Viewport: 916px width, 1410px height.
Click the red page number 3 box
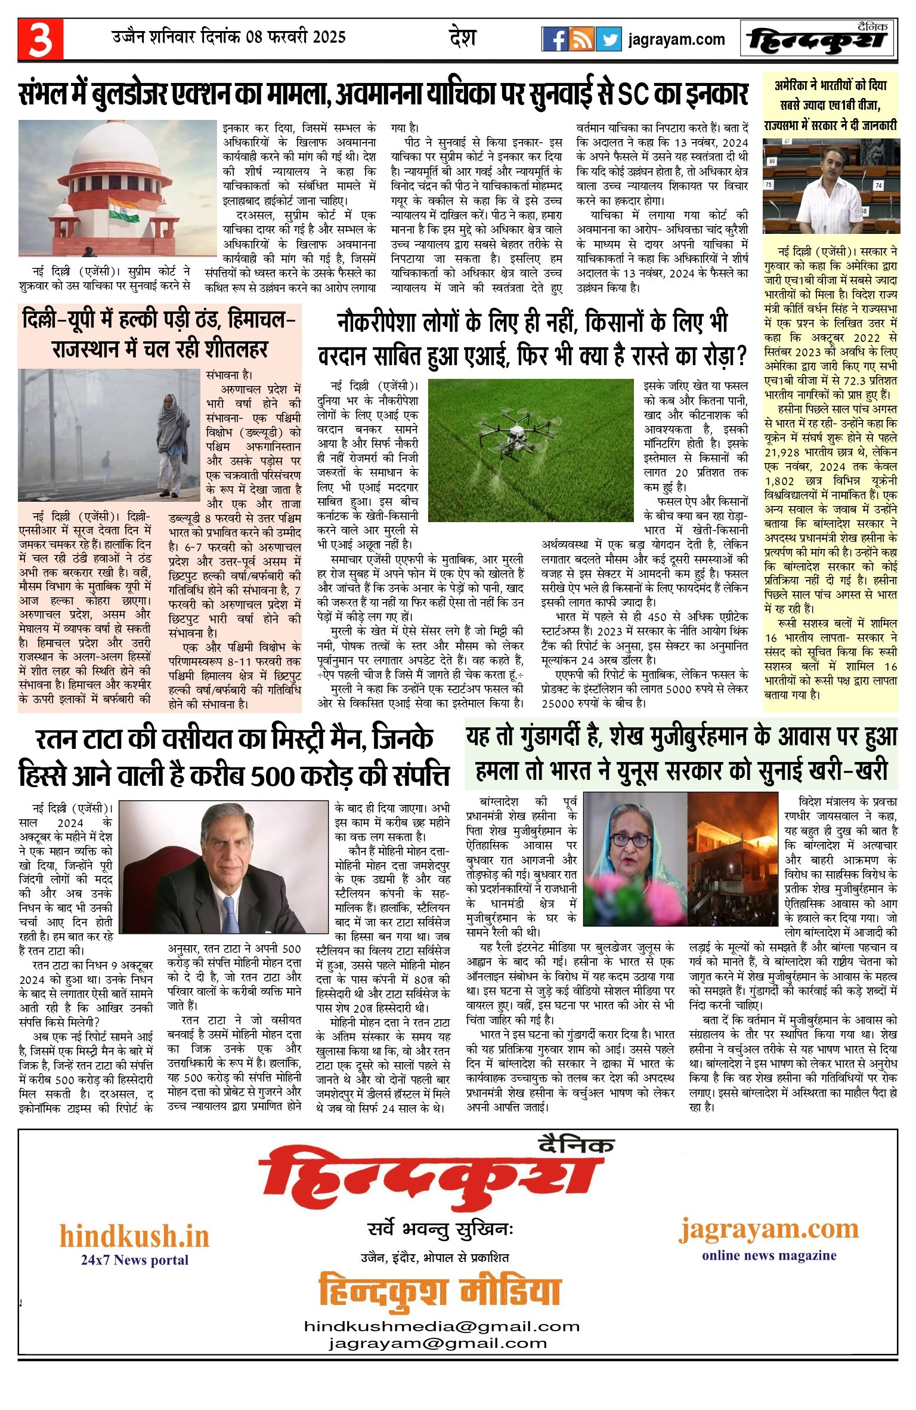click(40, 39)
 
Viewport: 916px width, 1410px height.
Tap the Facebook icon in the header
click(555, 39)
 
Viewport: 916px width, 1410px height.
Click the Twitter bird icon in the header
click(608, 39)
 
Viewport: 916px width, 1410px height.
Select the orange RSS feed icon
click(581, 39)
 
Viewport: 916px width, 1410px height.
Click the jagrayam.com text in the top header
click(676, 40)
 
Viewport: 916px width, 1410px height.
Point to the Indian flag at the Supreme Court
click(123, 210)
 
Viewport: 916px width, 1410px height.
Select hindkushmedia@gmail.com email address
click(441, 1326)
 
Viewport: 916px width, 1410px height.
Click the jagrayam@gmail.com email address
click(437, 1343)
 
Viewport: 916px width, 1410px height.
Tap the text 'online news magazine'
click(769, 1255)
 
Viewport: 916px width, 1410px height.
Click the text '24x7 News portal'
click(135, 1260)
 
